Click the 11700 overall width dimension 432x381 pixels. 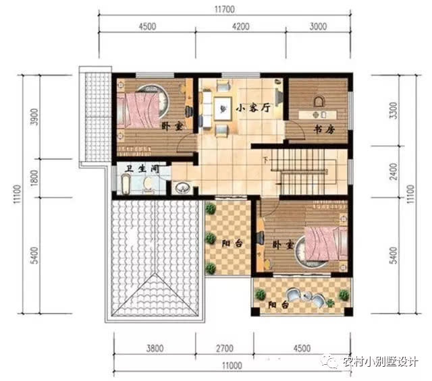tap(225, 9)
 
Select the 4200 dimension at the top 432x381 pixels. tap(240, 26)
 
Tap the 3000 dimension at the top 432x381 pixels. tap(318, 26)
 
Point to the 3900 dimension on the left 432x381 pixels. tap(34, 117)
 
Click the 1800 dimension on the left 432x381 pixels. tap(34, 178)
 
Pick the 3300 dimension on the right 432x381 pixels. tap(394, 110)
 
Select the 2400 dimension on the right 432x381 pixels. tap(394, 171)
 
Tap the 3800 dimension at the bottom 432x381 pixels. tap(155, 349)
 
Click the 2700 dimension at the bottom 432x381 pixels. tap(225, 349)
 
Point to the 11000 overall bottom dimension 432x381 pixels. tap(232, 365)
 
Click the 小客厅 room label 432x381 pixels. tap(253, 108)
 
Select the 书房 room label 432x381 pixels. tap(324, 129)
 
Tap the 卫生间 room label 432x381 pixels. tap(142, 169)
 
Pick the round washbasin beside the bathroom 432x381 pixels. tap(182, 187)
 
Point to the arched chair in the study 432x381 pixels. tap(319, 101)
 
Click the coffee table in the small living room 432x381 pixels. tap(223, 109)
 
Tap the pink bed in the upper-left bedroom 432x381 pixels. tap(138, 110)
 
